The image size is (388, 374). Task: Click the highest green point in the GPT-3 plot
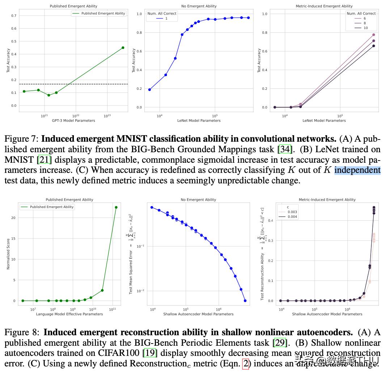(123, 47)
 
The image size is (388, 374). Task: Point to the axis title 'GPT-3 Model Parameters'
(73, 121)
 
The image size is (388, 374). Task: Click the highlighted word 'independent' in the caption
(357, 170)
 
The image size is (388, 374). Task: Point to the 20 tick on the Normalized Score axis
(14, 218)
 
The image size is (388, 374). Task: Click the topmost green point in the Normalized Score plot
(116, 207)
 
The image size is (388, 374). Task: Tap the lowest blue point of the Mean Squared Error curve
(245, 300)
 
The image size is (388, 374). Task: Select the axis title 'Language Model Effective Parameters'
(69, 314)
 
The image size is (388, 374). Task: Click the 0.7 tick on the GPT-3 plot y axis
(14, 16)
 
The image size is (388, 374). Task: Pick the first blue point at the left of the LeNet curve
(149, 90)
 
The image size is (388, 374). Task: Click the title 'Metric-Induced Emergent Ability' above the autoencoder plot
(327, 200)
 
